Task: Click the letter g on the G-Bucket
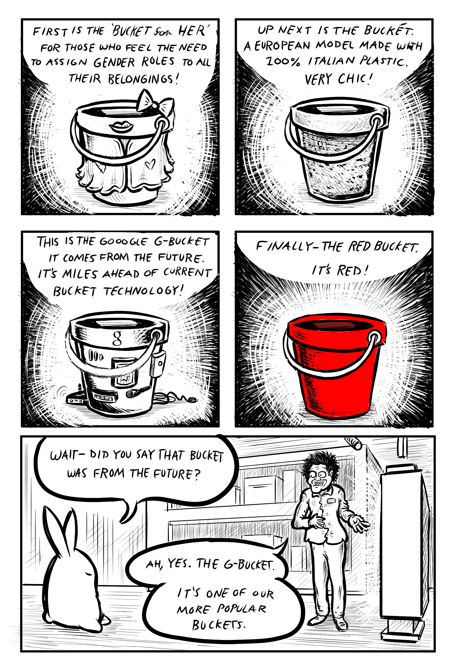(x=117, y=338)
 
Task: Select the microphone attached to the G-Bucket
(x=138, y=392)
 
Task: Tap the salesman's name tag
(x=331, y=500)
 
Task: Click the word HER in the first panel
(x=193, y=30)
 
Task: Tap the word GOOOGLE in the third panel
(x=124, y=242)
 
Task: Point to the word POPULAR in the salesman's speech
(x=242, y=609)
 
